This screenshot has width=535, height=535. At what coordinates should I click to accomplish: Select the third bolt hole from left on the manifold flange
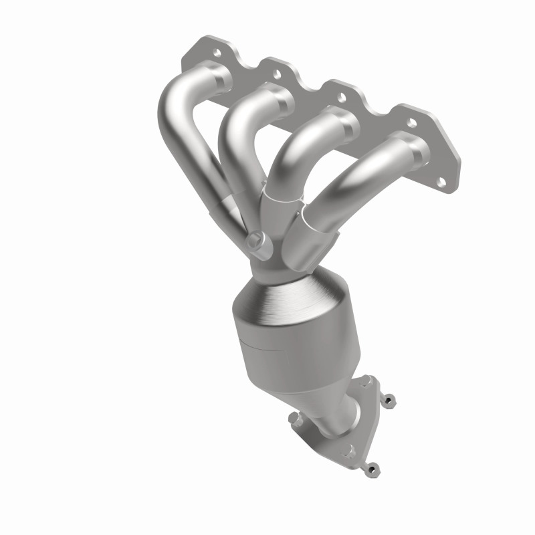click(x=342, y=98)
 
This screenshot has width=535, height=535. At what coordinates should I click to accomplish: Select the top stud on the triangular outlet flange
click(x=366, y=382)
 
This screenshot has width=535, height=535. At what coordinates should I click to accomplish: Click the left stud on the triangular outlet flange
click(x=295, y=419)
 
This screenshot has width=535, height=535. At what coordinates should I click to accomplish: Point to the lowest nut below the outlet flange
click(x=372, y=469)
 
